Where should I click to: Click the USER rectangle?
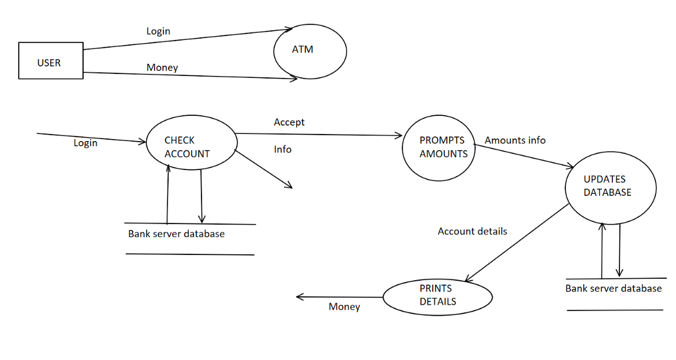[x=50, y=61]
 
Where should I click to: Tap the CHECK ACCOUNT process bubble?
[x=191, y=146]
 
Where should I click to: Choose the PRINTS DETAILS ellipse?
[x=438, y=297]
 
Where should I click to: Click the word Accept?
[x=289, y=122]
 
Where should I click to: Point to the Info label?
[x=283, y=149]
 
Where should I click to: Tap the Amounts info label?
[x=515, y=140]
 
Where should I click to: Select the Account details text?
[x=472, y=231]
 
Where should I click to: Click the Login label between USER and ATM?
[x=158, y=31]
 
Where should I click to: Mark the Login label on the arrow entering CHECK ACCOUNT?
[x=85, y=143]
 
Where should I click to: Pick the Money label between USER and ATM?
[x=162, y=67]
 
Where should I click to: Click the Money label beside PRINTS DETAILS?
[x=344, y=307]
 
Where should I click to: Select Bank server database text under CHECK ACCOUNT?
[x=176, y=234]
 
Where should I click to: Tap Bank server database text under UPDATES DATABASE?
[x=614, y=288]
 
